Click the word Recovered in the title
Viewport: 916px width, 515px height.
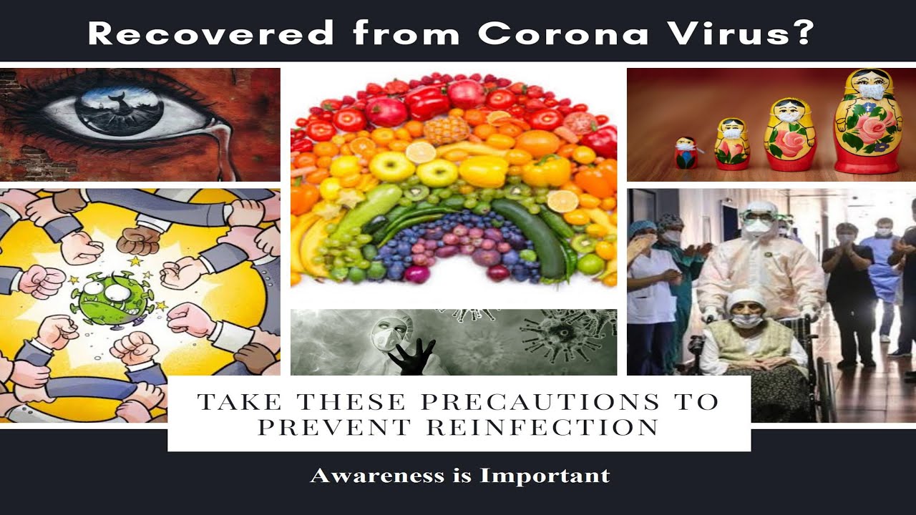[x=211, y=33]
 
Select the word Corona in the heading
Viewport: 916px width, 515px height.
[x=563, y=33]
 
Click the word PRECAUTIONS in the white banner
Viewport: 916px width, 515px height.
[x=540, y=402]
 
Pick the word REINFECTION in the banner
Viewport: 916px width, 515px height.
[x=542, y=427]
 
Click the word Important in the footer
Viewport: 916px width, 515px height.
[x=545, y=476]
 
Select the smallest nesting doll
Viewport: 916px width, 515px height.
[x=686, y=153]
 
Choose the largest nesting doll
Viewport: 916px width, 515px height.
[x=869, y=122]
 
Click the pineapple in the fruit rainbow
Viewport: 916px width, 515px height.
[x=447, y=129]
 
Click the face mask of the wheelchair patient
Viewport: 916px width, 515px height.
[x=746, y=320]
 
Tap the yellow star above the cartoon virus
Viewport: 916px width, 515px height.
[x=135, y=261]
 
